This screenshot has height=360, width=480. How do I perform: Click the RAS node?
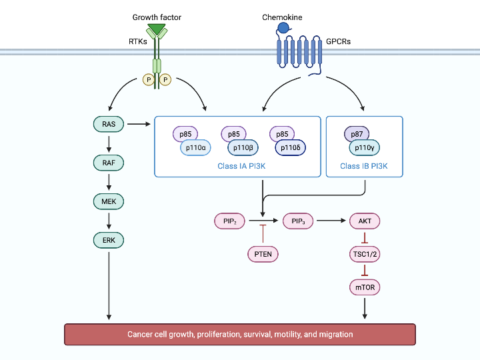pos(109,124)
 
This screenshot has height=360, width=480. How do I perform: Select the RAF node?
pos(109,162)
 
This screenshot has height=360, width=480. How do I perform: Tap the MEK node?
pos(109,201)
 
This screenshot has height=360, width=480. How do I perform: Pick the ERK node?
pos(109,239)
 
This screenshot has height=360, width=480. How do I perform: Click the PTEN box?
pos(263,254)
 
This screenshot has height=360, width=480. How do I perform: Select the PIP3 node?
pos(299,221)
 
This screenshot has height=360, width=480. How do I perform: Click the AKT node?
pos(365,221)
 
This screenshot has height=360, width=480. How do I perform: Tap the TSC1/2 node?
pos(365,254)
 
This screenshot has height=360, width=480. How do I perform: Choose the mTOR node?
pos(365,287)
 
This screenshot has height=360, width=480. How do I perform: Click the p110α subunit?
pos(198,147)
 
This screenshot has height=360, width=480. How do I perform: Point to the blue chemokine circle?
pos(283,28)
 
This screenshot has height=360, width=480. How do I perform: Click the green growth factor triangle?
pos(157,30)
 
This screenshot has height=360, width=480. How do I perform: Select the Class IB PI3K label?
pos(364,166)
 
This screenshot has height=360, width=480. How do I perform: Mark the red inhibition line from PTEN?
pos(263,234)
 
